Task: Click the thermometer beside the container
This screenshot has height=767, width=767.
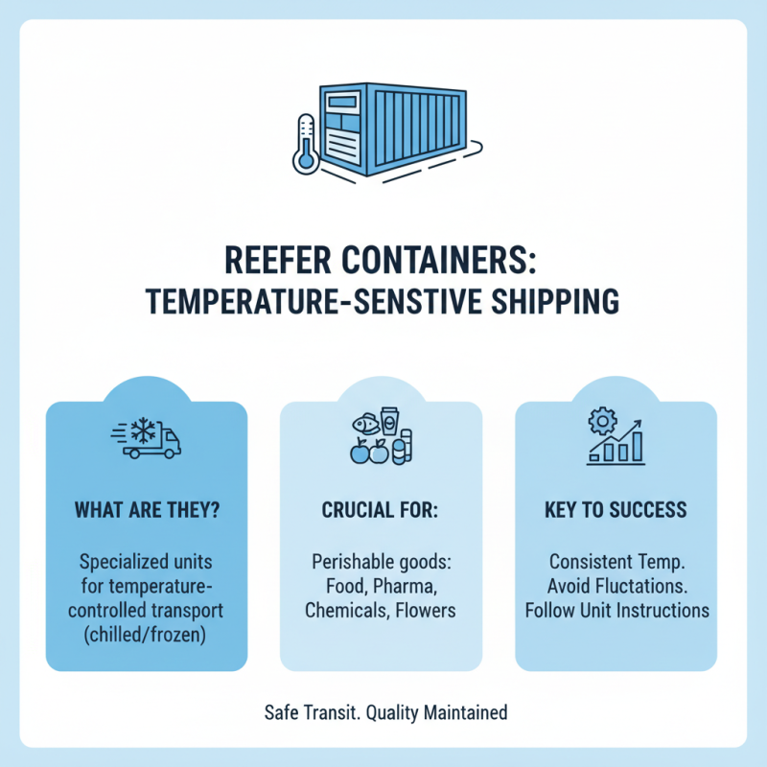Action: [307, 142]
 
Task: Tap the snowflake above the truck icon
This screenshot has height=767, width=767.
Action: [144, 430]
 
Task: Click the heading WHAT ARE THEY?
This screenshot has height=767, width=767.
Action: [147, 509]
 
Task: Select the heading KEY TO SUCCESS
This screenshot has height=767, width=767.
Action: [616, 509]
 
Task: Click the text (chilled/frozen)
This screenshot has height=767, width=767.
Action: [147, 635]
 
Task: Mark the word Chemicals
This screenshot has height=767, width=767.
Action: [345, 610]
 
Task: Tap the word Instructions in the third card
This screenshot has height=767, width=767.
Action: [661, 610]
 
